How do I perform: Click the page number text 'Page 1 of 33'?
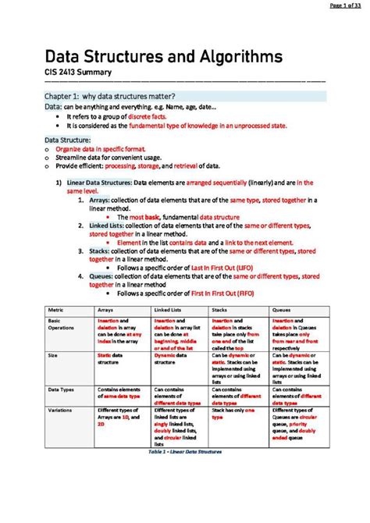coord(343,6)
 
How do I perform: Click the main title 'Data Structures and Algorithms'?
coord(163,58)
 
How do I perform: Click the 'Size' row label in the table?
coord(53,355)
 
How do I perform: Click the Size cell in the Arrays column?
coord(116,359)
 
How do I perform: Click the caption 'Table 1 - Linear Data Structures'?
coord(185,452)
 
